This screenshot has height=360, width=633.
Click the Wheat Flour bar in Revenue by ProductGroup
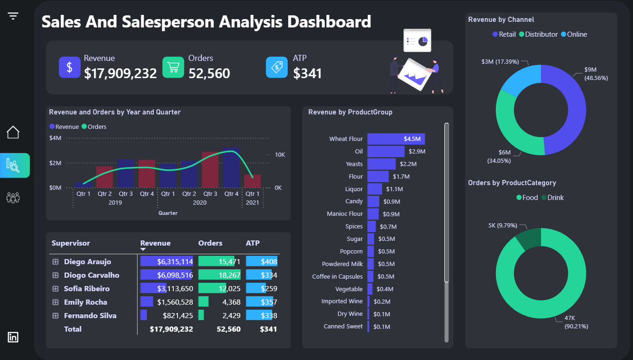396,139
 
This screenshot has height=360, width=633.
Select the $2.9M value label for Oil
417,152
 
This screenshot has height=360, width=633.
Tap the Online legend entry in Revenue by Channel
574,34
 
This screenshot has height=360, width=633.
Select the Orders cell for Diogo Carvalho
219,275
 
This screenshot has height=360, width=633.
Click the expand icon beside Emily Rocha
55,302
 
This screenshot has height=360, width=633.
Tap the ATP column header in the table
253,243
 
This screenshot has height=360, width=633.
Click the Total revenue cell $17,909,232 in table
171,329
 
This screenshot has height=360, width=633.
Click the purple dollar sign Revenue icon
70,67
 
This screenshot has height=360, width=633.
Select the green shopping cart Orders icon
173,67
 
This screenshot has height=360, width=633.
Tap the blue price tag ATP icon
277,67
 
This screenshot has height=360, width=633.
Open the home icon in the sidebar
13,132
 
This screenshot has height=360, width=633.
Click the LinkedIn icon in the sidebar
13,337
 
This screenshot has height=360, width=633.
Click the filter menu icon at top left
13,16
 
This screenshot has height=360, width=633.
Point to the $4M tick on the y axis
55,138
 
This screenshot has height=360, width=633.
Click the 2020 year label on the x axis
199,203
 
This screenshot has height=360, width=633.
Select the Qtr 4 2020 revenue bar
231,167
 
